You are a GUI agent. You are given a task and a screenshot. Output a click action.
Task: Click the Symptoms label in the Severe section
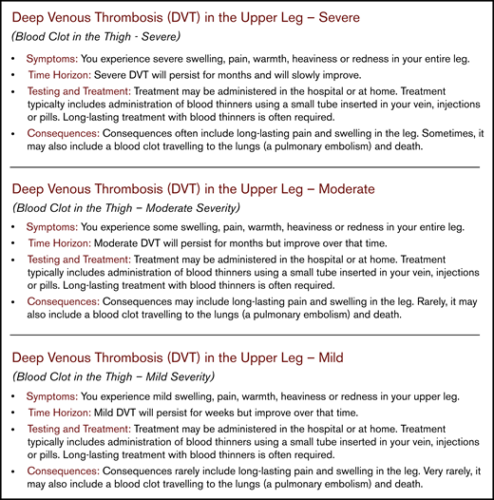click(52, 58)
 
